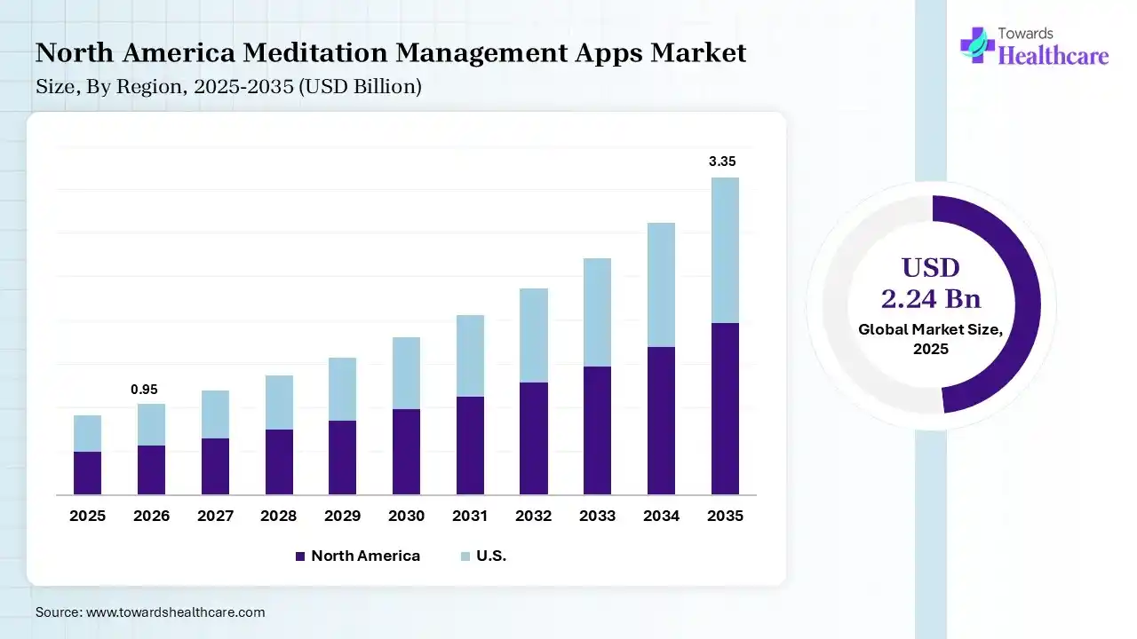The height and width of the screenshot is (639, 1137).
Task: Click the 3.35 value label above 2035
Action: pyautogui.click(x=722, y=162)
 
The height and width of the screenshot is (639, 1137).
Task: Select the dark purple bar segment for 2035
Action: pyautogui.click(x=725, y=408)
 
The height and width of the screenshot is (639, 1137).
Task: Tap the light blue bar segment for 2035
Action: pyautogui.click(x=725, y=250)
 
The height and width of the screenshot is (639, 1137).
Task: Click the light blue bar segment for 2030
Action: pyautogui.click(x=406, y=373)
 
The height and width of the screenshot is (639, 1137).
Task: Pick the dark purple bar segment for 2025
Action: pyautogui.click(x=87, y=473)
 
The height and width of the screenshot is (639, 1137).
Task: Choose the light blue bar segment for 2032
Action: pyautogui.click(x=534, y=335)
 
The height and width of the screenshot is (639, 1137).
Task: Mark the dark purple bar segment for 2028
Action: pyautogui.click(x=278, y=461)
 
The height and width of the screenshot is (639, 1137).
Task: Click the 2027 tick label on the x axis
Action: pyautogui.click(x=214, y=516)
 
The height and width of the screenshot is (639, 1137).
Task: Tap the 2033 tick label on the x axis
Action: pyautogui.click(x=597, y=516)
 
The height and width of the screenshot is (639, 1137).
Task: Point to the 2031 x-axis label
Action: pyautogui.click(x=470, y=516)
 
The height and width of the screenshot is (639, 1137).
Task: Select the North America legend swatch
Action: pyautogui.click(x=299, y=556)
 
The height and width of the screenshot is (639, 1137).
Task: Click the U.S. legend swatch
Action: pyautogui.click(x=465, y=556)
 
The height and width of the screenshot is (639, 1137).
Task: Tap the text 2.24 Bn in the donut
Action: pyautogui.click(x=931, y=298)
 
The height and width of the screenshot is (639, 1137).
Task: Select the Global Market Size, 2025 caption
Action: pyautogui.click(x=931, y=339)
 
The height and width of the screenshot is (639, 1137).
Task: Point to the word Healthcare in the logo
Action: pyautogui.click(x=1054, y=55)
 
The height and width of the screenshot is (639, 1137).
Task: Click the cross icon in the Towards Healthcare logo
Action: pyautogui.click(x=977, y=44)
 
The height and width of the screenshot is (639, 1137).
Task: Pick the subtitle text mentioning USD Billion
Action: pyautogui.click(x=228, y=87)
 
